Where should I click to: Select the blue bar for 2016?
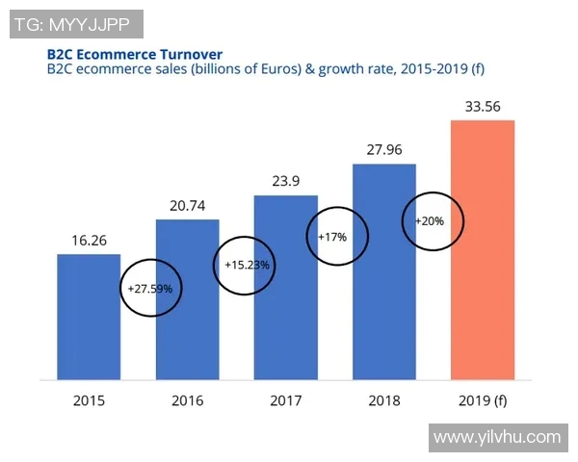pos(188,298)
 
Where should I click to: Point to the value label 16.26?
pos(89,241)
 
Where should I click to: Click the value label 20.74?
pos(187,206)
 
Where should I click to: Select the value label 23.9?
pos(285,182)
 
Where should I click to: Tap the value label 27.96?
pos(383,150)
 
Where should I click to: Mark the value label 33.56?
pos(482,106)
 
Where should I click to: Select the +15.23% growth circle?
pos(247,265)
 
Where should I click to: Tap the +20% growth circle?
pos(431,220)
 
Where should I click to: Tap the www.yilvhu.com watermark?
pos(496,438)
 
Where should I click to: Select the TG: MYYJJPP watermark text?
pos(77,23)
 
